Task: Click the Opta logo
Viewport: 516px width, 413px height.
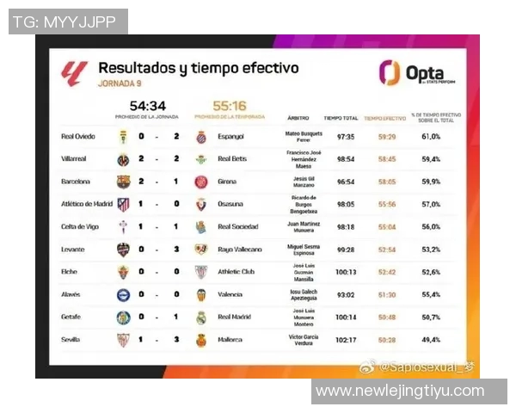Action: [412, 73]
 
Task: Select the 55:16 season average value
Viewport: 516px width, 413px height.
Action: [228, 106]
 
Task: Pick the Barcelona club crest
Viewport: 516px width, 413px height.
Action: [124, 182]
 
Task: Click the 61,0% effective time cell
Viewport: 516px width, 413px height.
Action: [431, 136]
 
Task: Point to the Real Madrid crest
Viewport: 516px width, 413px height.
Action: [200, 317]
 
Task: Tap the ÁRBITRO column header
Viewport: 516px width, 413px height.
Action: [298, 117]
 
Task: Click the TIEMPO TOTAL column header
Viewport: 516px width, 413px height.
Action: [340, 117]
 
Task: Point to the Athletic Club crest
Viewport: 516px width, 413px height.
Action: [200, 272]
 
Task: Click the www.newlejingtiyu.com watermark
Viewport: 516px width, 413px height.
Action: [400, 391]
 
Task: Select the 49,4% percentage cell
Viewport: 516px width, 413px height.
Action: [431, 340]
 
